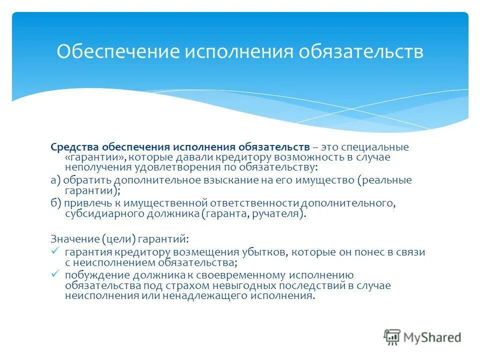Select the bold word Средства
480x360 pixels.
(x=74, y=147)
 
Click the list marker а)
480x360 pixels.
(x=55, y=180)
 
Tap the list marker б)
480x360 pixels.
(x=55, y=203)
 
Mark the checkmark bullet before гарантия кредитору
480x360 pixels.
(x=55, y=251)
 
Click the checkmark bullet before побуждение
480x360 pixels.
(x=55, y=274)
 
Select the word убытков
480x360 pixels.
(x=267, y=252)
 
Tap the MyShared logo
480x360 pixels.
(x=422, y=337)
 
